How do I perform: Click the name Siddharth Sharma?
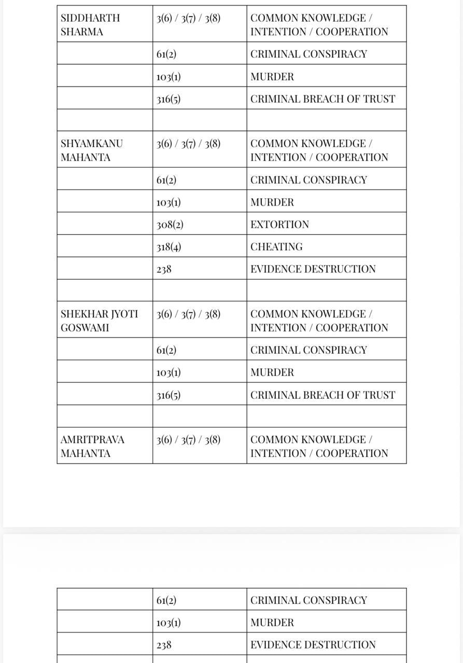point(90,25)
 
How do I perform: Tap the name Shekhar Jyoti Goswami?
point(99,321)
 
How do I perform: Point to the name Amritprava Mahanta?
point(92,446)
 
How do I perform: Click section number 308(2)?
point(170,225)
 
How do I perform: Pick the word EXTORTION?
point(279,225)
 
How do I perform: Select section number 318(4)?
point(169,247)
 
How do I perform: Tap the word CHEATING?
point(276,247)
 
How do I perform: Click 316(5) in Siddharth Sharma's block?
point(169,99)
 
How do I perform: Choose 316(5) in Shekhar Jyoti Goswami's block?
point(169,395)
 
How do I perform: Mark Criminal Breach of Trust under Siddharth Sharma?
point(322,99)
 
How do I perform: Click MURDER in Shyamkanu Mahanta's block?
point(272,203)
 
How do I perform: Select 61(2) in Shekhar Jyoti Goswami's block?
point(166,350)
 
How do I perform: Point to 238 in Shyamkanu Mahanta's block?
point(164,269)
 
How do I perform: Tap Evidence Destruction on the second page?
point(313,645)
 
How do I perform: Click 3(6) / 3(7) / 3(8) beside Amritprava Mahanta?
point(188,440)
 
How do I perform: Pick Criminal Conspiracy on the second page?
point(308,600)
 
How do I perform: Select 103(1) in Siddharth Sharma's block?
point(169,77)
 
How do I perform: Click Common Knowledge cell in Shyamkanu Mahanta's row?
point(319,150)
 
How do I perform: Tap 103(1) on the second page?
point(169,623)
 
